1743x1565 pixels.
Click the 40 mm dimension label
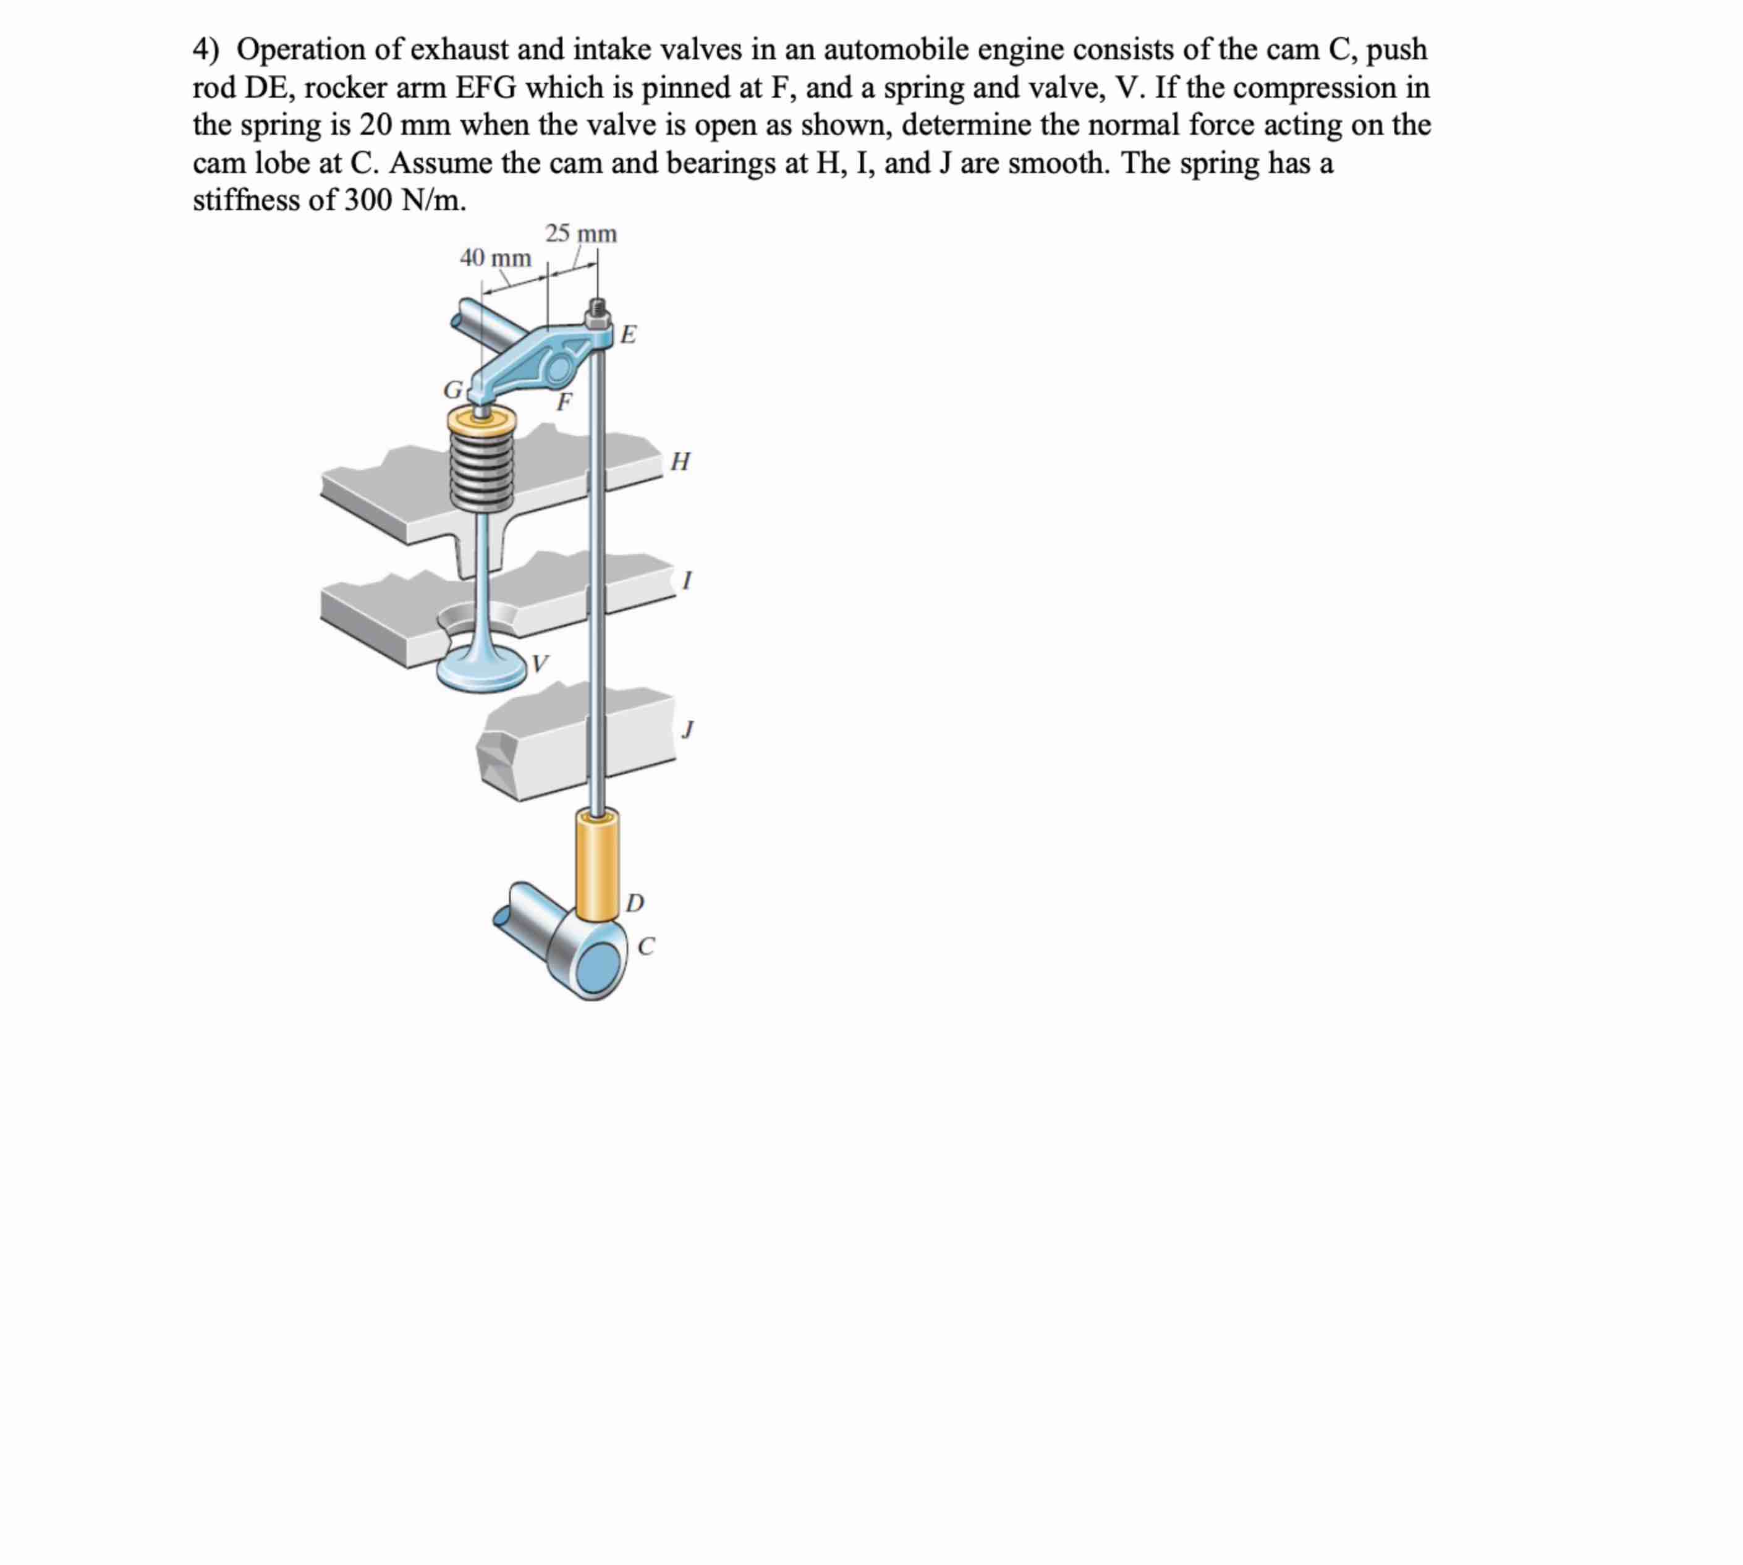495,257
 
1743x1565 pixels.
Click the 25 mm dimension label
580,233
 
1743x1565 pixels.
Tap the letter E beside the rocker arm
629,334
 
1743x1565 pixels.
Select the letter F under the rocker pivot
564,402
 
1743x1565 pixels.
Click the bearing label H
679,462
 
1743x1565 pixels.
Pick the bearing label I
685,581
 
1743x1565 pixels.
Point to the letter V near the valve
540,664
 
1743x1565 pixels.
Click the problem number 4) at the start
206,50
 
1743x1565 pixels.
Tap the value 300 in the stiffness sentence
369,200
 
